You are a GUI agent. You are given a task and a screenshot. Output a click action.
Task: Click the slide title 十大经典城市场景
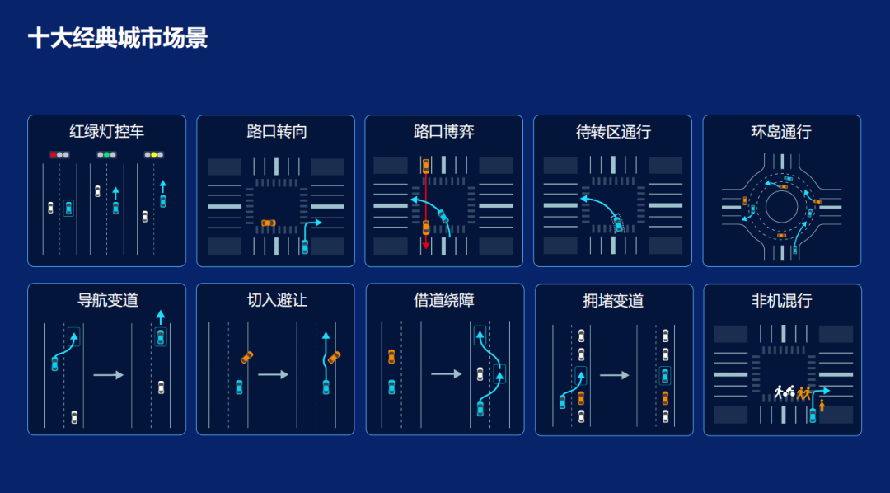coord(118,38)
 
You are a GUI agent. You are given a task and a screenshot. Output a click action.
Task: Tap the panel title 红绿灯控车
coord(106,132)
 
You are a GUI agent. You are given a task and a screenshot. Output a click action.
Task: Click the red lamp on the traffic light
coord(53,154)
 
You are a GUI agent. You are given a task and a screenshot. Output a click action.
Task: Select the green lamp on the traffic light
coord(106,154)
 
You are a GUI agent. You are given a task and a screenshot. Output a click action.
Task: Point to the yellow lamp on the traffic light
coord(153,154)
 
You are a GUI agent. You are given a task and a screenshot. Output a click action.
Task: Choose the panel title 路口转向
coord(276,132)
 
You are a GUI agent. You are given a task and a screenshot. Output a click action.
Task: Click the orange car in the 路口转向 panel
coord(268,223)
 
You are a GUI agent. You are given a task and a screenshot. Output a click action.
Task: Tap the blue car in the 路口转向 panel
coord(305,246)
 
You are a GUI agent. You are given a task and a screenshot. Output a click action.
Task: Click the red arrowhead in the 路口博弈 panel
coord(426,246)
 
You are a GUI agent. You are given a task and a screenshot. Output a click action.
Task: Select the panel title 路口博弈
coord(444,132)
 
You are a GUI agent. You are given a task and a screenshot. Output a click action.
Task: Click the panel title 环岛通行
coord(781,132)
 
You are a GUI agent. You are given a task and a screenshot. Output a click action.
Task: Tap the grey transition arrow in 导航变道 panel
coord(109,375)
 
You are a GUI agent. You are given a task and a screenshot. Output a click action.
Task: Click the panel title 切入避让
coord(276,300)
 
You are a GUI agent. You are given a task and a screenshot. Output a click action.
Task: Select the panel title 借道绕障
coord(444,300)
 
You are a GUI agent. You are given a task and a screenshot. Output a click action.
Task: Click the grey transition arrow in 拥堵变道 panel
coord(615,375)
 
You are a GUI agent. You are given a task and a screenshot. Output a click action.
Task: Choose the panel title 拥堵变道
coord(613,300)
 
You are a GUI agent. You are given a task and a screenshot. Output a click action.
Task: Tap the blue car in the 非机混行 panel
coord(813,416)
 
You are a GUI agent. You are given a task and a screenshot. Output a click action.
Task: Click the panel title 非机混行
coord(781,300)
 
